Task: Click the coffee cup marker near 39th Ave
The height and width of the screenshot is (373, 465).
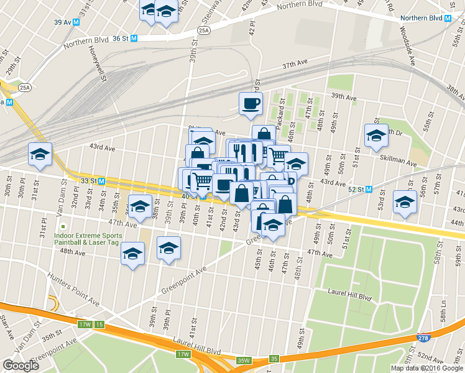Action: (251, 103)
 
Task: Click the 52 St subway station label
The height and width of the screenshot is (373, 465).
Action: (356, 189)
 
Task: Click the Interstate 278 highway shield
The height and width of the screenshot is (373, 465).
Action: (421, 336)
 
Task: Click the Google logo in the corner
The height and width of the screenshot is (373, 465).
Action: (21, 366)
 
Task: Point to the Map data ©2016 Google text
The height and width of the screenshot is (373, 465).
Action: (426, 368)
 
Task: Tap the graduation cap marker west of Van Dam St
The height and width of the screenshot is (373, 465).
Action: (40, 155)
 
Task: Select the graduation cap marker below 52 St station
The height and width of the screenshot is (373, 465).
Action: (405, 203)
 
